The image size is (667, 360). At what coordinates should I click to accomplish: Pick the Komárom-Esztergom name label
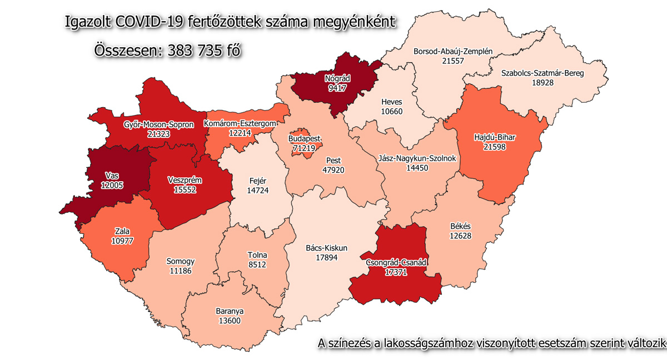coord(241,123)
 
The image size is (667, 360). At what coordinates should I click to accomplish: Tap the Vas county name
coord(111,176)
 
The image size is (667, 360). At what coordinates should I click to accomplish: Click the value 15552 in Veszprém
coord(185,190)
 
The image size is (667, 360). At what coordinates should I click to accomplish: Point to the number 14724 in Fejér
coord(257,190)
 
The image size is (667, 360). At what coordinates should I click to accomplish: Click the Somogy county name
coord(181,261)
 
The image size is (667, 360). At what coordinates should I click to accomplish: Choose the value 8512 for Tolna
coord(257,265)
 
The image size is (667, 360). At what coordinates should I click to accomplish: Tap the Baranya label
coord(230,311)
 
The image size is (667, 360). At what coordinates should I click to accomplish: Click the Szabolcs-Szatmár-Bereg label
coord(542,73)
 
